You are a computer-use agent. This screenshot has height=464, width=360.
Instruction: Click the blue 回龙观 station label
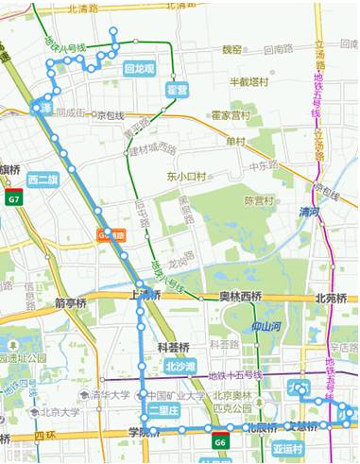[140, 68]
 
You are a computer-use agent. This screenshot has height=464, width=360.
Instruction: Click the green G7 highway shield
[13, 200]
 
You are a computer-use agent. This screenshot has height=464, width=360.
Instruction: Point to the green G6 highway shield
[219, 441]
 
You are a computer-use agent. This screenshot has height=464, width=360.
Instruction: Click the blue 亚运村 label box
[286, 447]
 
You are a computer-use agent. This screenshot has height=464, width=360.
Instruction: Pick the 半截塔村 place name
[251, 82]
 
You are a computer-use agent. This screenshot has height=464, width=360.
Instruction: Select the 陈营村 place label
[260, 200]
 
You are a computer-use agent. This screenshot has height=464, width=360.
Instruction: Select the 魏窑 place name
[231, 48]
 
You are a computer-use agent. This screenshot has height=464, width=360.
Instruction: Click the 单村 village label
[235, 141]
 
